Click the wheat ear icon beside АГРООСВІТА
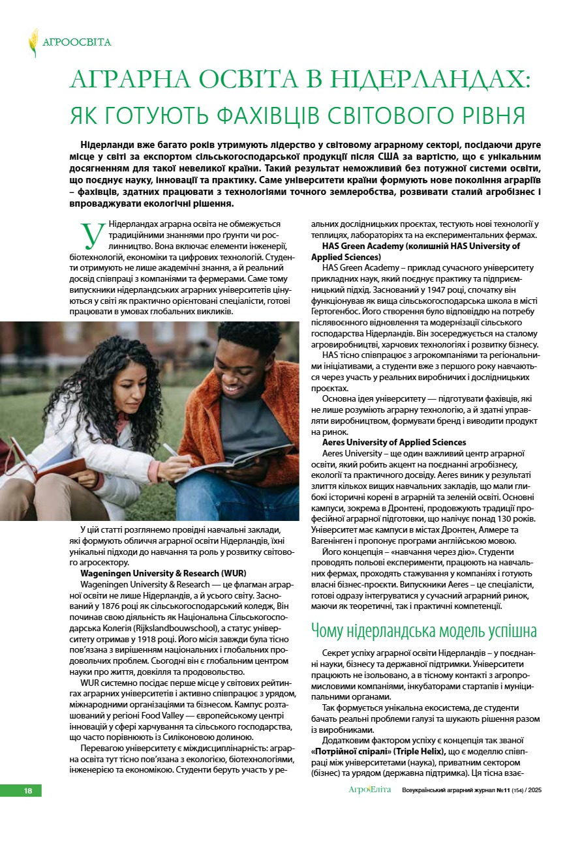point(33,42)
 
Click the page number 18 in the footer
point(28,791)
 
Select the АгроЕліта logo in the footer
point(369,790)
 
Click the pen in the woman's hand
point(171,451)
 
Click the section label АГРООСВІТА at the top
point(77,42)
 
